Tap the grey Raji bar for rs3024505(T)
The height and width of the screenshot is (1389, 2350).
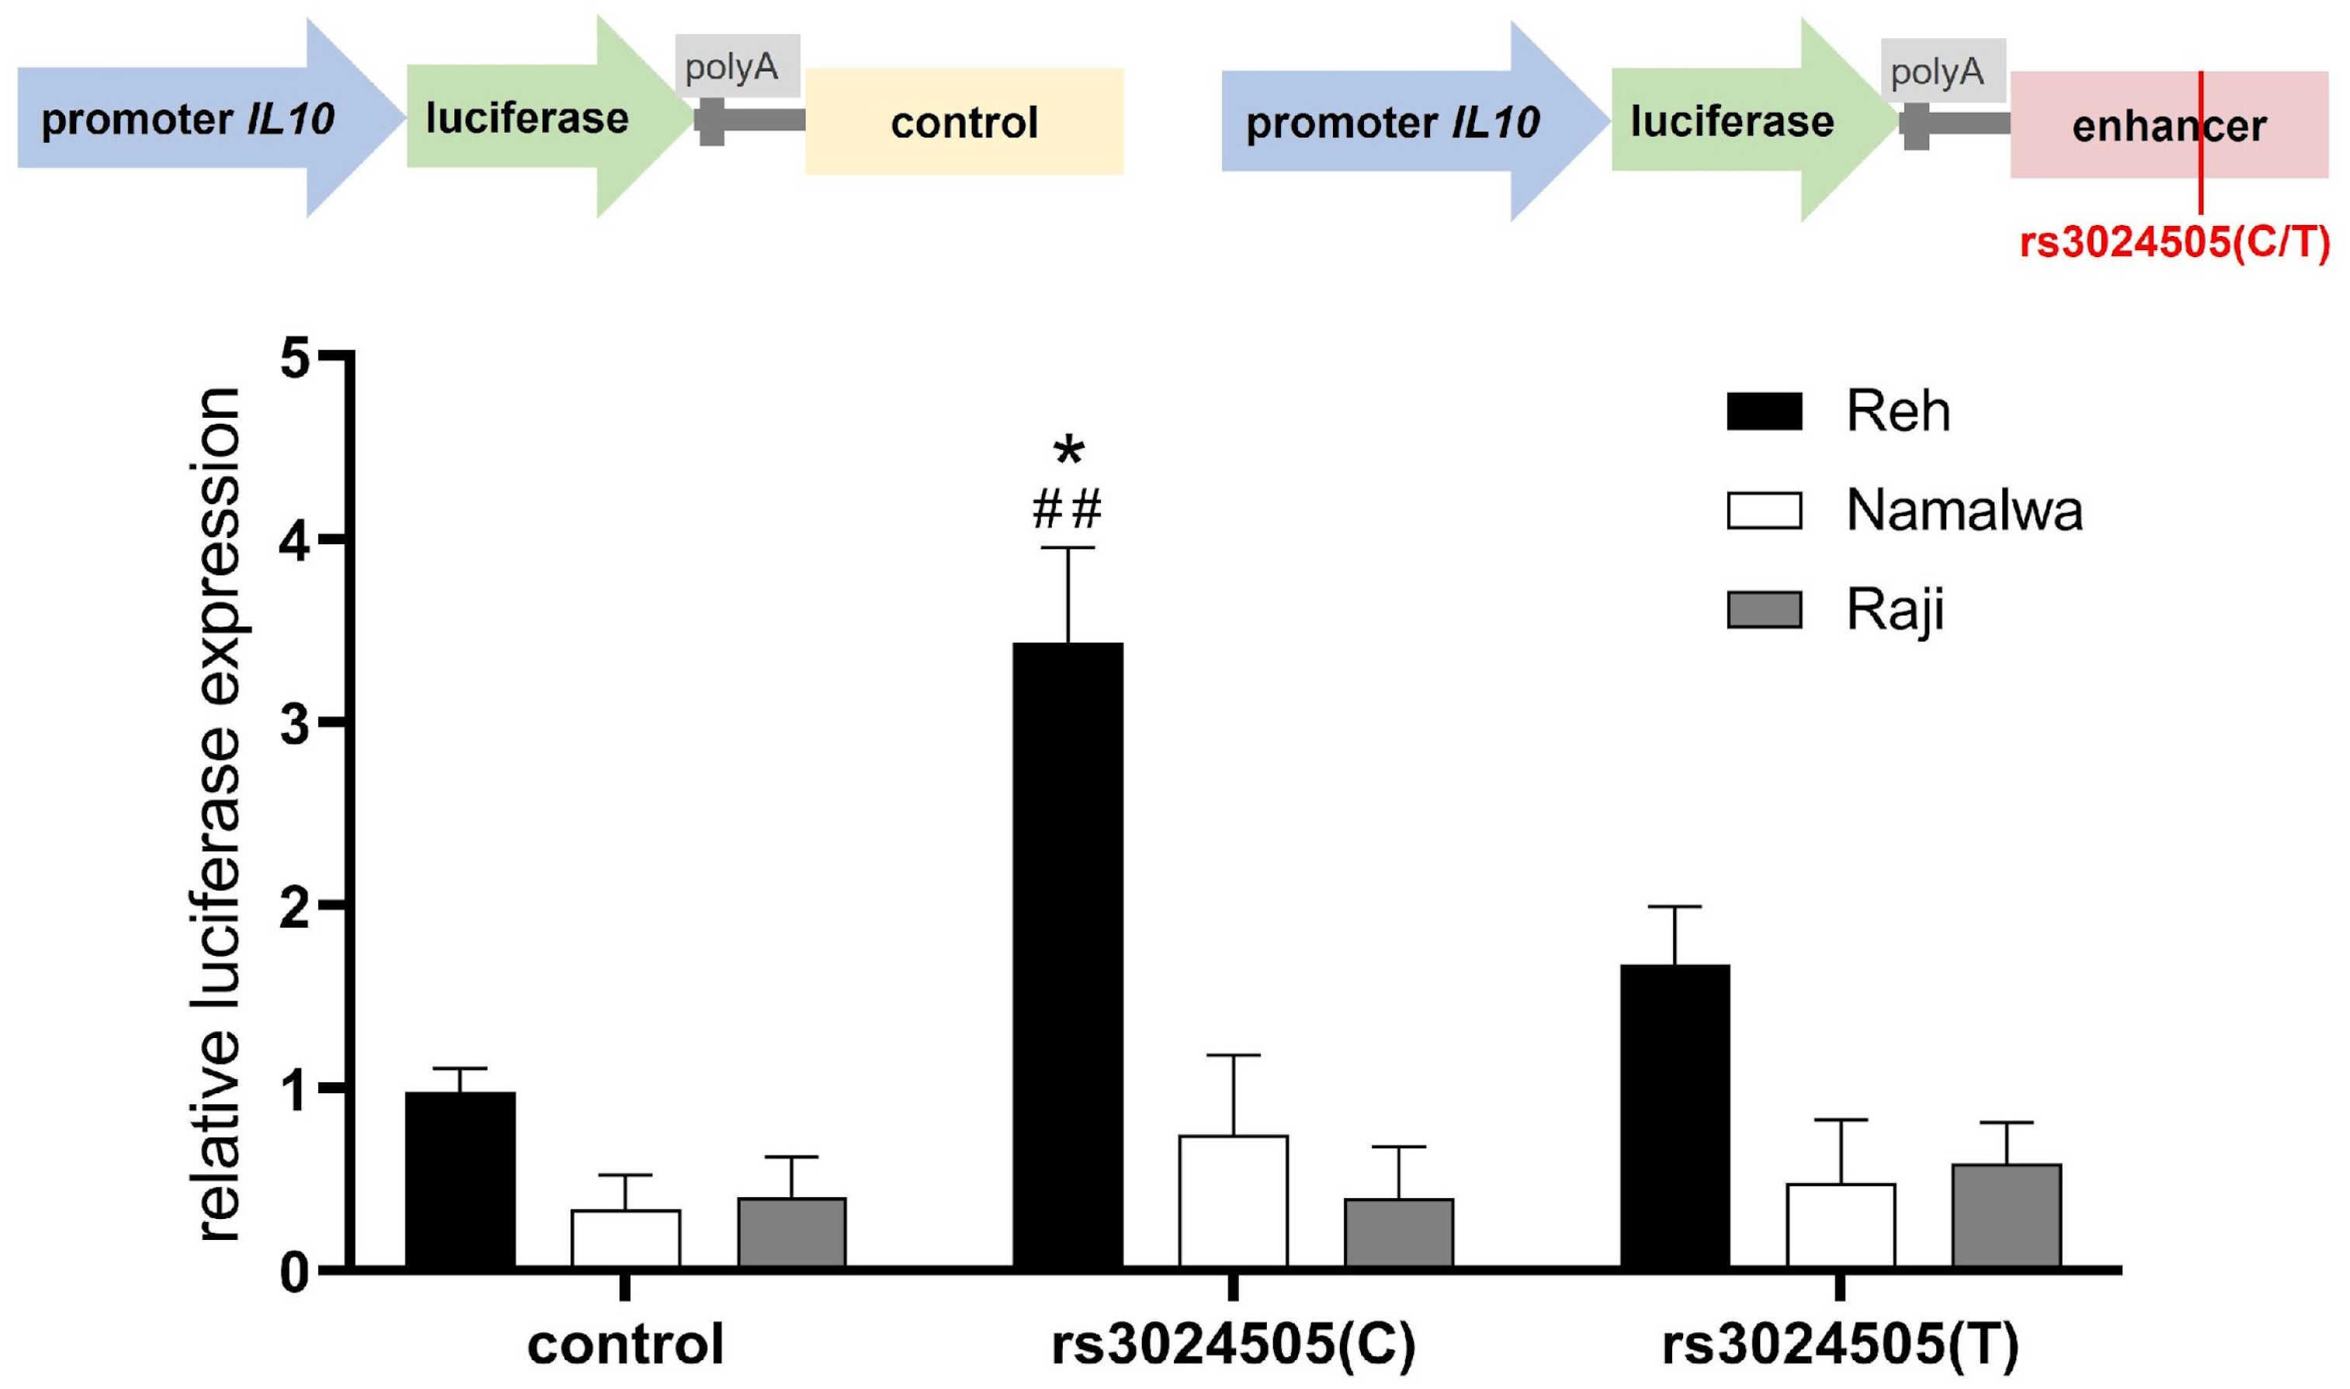coord(2005,1216)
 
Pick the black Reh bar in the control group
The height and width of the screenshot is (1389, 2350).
coord(460,1179)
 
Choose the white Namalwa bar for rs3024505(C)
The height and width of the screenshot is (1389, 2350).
coord(1233,1202)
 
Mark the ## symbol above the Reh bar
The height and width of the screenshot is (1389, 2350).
coord(1067,510)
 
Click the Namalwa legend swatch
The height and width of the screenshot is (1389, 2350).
coord(1763,511)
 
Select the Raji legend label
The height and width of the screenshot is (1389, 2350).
coord(1895,610)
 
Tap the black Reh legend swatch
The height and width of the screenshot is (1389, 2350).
coord(1763,411)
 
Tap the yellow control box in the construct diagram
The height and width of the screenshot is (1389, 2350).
coord(964,122)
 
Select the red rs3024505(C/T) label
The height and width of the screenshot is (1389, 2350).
coord(2174,243)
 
